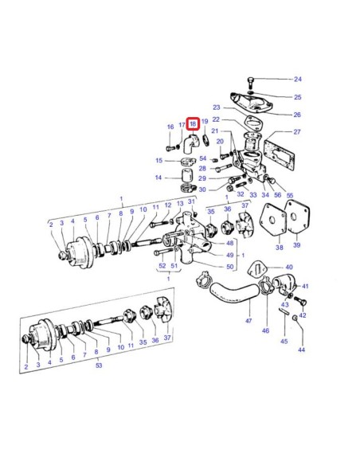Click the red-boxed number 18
[192, 124]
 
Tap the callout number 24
[298, 80]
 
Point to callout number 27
[297, 132]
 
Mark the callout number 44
[301, 350]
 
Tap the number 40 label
[288, 268]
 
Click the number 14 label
[158, 178]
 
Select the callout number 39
[297, 248]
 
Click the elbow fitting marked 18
[192, 144]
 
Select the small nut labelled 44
[295, 318]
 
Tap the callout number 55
[290, 196]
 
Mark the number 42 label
[302, 316]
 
